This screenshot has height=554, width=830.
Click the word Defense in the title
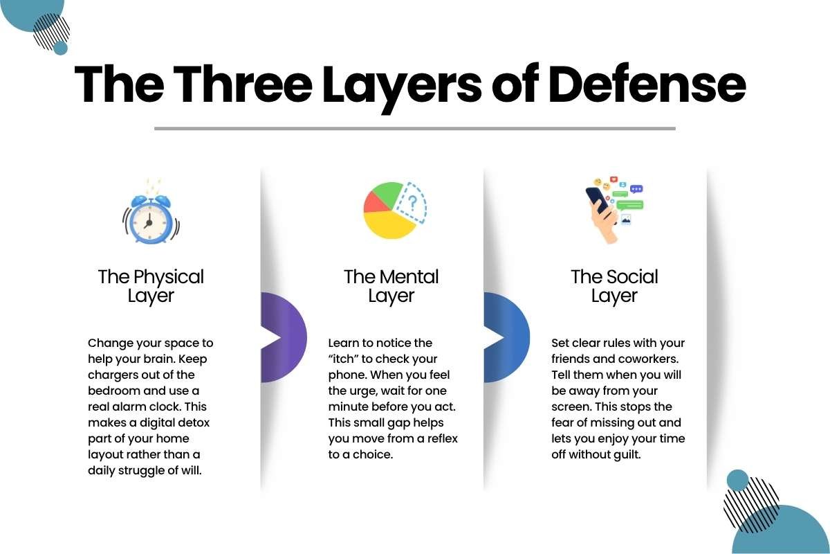(647, 84)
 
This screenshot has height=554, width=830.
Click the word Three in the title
(243, 84)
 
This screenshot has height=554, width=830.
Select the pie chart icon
(395, 210)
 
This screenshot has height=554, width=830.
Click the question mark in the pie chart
(412, 204)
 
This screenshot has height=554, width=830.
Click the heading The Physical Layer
(151, 287)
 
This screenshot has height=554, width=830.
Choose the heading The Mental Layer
(391, 287)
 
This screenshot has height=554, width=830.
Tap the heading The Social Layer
(614, 287)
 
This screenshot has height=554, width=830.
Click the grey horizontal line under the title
(415, 128)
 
